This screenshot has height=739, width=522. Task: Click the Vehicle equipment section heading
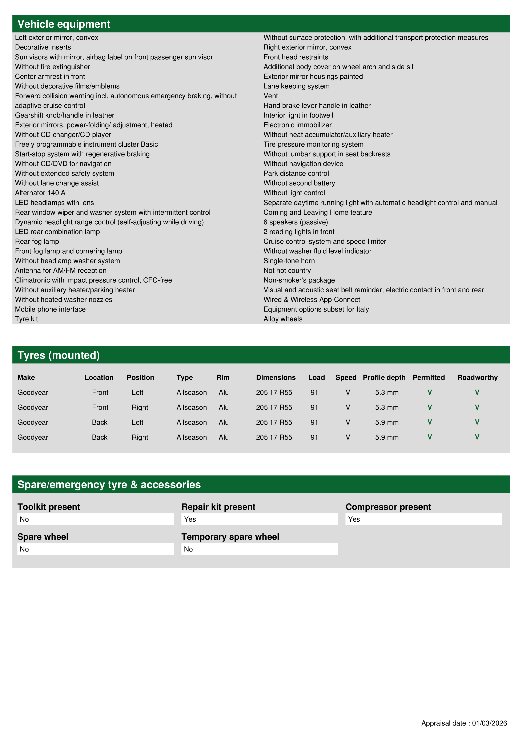pyautogui.click(x=64, y=24)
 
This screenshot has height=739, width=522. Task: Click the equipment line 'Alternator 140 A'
pyautogui.click(x=40, y=193)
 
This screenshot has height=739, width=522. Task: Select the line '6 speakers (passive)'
pyautogui.click(x=296, y=222)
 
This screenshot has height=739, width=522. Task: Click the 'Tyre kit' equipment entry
pyautogui.click(x=26, y=319)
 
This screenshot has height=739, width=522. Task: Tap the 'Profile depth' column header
pyautogui.click(x=384, y=378)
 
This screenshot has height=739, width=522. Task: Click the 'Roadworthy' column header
pyautogui.click(x=477, y=378)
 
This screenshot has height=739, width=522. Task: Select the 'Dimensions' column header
pyautogui.click(x=276, y=378)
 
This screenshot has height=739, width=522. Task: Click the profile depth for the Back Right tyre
pyautogui.click(x=387, y=437)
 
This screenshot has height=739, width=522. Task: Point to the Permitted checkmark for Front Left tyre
pyautogui.click(x=429, y=392)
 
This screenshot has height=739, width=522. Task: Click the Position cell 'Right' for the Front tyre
pyautogui.click(x=140, y=407)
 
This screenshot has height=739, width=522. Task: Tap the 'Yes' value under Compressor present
pyautogui.click(x=354, y=519)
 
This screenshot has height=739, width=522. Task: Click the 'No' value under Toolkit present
pyautogui.click(x=24, y=519)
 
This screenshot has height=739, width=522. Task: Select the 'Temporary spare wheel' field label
pyautogui.click(x=230, y=537)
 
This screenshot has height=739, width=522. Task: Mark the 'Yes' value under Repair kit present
pyautogui.click(x=190, y=519)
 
